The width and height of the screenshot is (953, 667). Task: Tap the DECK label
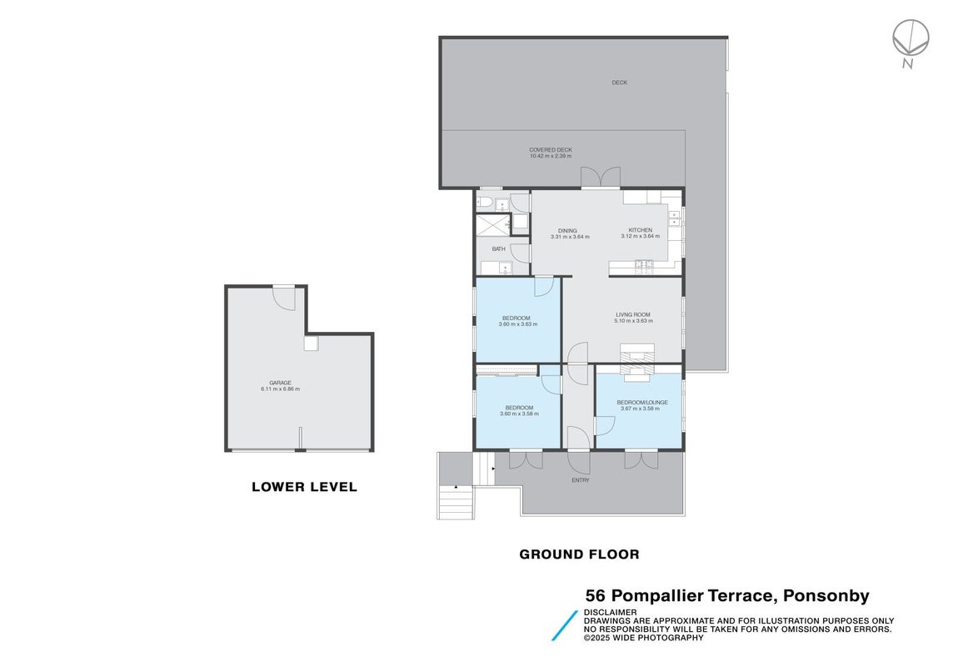tap(619, 83)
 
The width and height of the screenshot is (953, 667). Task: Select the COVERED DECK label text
tap(551, 149)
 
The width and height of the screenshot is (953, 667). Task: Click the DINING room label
tap(567, 230)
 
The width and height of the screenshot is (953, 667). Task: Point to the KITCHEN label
tap(640, 230)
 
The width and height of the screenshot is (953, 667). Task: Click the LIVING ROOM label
tap(633, 314)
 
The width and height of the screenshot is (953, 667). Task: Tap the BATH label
tap(498, 248)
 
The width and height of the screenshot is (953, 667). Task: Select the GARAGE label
tap(280, 383)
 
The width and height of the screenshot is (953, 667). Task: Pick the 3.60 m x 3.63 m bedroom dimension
tap(518, 324)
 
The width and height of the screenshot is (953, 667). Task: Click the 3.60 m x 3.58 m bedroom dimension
tap(519, 414)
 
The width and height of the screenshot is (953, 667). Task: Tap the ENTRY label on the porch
tap(581, 480)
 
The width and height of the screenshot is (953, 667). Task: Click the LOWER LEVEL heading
tap(305, 487)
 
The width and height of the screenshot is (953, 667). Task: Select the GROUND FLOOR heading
tap(579, 554)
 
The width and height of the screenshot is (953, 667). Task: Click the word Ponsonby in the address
tap(826, 596)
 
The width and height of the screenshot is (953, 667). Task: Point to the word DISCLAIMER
tap(611, 612)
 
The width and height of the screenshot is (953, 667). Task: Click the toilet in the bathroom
tap(484, 203)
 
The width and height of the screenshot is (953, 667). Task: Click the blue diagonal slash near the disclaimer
tap(565, 625)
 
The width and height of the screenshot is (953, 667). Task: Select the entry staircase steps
tap(456, 502)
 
